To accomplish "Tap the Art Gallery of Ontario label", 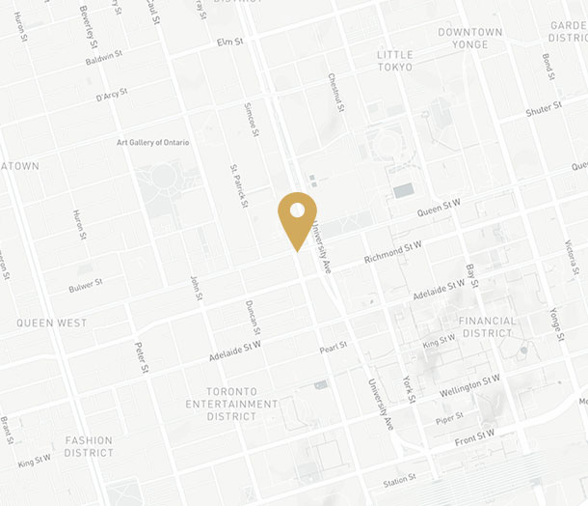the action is pos(152,142).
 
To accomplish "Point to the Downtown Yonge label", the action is pos(469,39).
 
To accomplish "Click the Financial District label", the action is pos(487,326).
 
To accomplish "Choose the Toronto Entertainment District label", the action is pos(232,405).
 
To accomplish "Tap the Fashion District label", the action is pos(89,446).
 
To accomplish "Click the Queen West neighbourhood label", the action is pos(52,323).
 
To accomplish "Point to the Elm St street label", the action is pos(230,42).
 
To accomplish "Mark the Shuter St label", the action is pos(543,110).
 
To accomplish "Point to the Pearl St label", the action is pos(334,345).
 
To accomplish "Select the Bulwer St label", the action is pos(86,287).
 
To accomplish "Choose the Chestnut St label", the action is pos(334,91).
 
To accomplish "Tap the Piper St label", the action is pos(448,417).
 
